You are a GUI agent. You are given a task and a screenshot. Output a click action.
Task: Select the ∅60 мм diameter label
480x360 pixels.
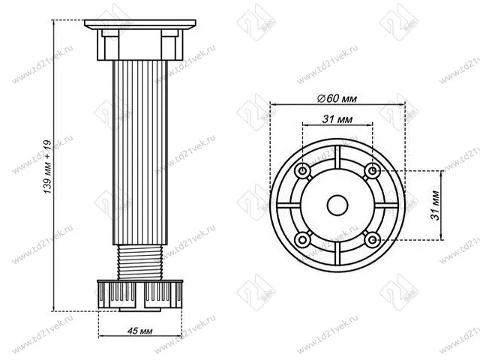(x=336, y=98)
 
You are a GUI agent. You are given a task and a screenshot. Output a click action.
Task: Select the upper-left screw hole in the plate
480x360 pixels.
(x=303, y=171)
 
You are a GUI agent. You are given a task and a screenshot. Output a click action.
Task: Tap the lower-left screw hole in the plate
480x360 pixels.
(x=303, y=239)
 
